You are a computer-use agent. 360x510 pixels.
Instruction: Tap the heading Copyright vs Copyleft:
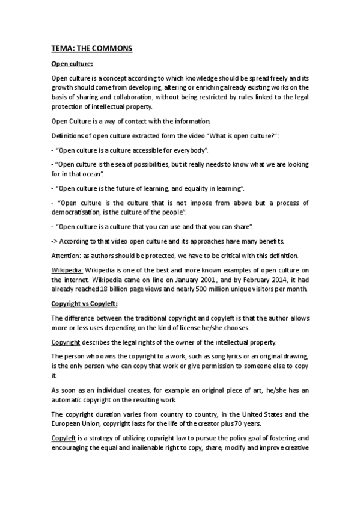pyautogui.click(x=84, y=303)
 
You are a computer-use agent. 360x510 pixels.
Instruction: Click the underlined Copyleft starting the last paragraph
pyautogui.click(x=64, y=438)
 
